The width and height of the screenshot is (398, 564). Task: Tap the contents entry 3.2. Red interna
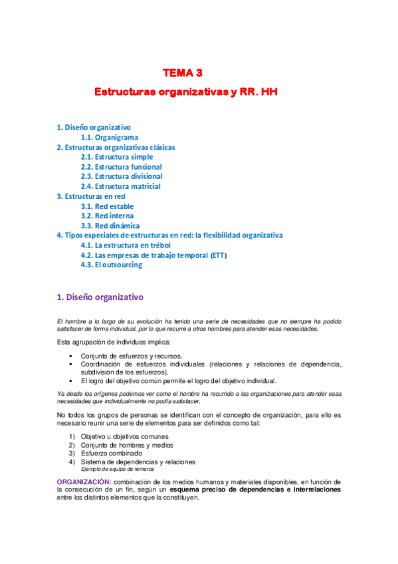tap(107, 215)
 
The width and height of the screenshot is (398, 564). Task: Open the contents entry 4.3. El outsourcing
tap(111, 265)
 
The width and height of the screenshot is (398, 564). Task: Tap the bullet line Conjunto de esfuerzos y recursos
tap(136, 356)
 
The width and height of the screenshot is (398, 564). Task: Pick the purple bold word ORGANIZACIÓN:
tap(83, 481)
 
